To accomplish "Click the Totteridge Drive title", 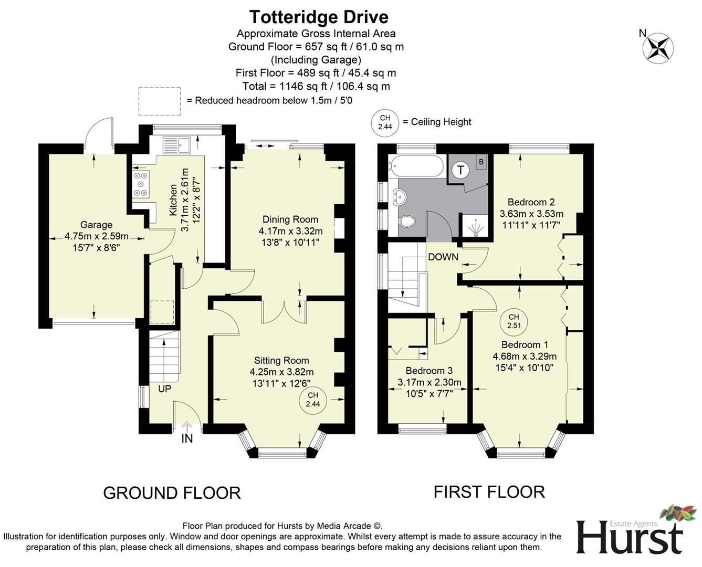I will point(319,17).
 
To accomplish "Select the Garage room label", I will point(96,225).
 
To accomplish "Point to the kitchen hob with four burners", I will point(140,184).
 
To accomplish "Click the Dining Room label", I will point(290,219).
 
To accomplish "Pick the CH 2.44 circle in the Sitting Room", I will point(313,400).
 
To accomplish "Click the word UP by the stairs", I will point(164,389).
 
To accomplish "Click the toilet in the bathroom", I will point(407,221).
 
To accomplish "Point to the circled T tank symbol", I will point(461,170).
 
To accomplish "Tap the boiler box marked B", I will point(481,162).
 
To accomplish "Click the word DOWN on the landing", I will point(443,257).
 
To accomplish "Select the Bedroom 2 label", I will point(531,202).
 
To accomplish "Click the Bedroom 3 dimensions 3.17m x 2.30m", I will point(429,382).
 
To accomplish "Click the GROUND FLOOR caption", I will point(172,493).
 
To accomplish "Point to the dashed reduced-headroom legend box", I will point(160,101).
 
